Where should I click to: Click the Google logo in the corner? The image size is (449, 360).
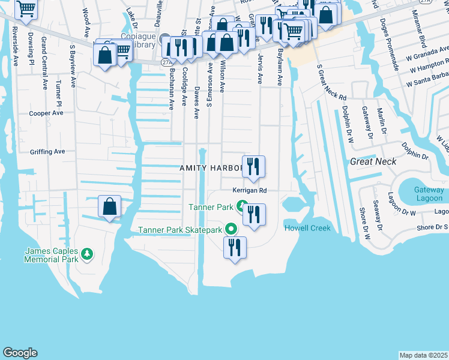click(x=20, y=353)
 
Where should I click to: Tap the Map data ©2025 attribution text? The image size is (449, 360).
click(x=423, y=355)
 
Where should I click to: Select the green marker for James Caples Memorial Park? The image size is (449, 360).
click(x=88, y=254)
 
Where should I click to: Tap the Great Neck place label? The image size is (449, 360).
click(x=373, y=161)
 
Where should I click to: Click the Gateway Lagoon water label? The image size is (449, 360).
click(x=429, y=194)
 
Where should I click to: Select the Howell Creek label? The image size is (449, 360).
click(x=307, y=228)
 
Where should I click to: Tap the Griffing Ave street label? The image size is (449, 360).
click(x=47, y=152)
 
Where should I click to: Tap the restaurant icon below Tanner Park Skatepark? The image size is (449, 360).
click(x=234, y=247)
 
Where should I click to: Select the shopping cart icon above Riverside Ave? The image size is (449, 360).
click(x=26, y=8)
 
